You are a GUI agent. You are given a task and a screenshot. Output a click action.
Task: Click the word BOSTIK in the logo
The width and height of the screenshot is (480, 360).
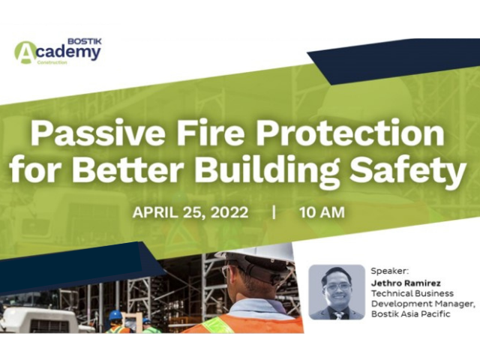85,41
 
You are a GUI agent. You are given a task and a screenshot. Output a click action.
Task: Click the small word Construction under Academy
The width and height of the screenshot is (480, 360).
52,63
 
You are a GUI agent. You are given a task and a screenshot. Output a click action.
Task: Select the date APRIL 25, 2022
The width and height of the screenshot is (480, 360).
190,212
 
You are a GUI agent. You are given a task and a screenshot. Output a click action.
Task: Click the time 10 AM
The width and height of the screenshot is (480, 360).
322,212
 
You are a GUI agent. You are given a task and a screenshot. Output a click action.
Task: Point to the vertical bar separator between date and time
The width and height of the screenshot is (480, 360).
274,212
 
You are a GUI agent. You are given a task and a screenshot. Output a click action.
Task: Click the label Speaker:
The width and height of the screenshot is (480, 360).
390,271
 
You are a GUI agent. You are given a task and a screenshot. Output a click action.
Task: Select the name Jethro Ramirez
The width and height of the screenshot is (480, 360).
406,283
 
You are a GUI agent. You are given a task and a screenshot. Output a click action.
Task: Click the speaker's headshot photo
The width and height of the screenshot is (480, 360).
337,292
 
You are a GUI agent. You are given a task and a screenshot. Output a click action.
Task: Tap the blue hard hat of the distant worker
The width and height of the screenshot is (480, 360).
115,315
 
